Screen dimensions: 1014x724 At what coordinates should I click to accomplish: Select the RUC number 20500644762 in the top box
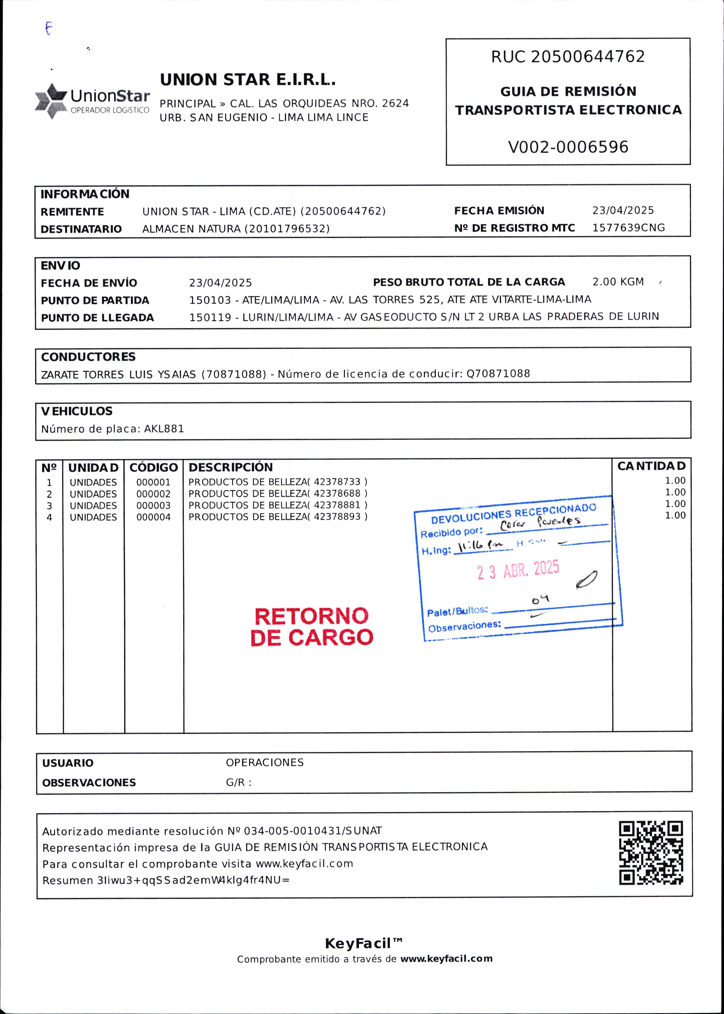point(588,57)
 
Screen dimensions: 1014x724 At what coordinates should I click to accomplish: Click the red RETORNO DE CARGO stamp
point(311,627)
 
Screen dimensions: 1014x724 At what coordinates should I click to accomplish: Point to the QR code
point(651,853)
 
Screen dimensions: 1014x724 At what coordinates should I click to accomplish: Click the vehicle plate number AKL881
point(164,429)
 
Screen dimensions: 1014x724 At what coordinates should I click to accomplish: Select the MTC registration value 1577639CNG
point(628,228)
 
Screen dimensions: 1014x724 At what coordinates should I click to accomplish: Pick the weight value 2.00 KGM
point(618,282)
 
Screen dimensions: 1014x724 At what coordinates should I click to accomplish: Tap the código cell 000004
point(153,517)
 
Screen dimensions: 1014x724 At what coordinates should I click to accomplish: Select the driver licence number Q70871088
point(498,374)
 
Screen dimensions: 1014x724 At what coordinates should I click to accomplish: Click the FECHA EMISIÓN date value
point(623,211)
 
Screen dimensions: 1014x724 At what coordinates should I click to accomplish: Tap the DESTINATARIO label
point(81,229)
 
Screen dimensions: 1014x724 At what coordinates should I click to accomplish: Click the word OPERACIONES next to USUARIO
point(264,762)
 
